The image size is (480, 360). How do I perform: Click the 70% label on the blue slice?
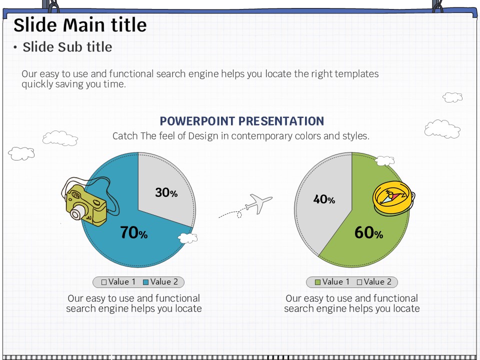tap(134, 232)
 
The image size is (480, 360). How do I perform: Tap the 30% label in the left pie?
tap(166, 192)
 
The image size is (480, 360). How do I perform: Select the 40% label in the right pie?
tap(324, 199)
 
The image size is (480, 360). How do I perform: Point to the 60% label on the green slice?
tap(369, 232)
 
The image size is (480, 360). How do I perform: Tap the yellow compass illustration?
tap(393, 198)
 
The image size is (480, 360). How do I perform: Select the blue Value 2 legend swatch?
tap(145, 282)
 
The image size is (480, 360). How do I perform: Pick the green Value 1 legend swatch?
tap(317, 282)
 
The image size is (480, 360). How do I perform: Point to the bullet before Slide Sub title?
tap(15, 47)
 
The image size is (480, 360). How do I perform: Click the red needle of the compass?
tap(395, 196)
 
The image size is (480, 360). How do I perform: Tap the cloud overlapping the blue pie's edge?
tap(187, 238)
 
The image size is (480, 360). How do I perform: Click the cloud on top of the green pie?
tap(385, 160)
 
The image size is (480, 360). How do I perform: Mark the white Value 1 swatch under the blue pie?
tap(104, 282)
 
